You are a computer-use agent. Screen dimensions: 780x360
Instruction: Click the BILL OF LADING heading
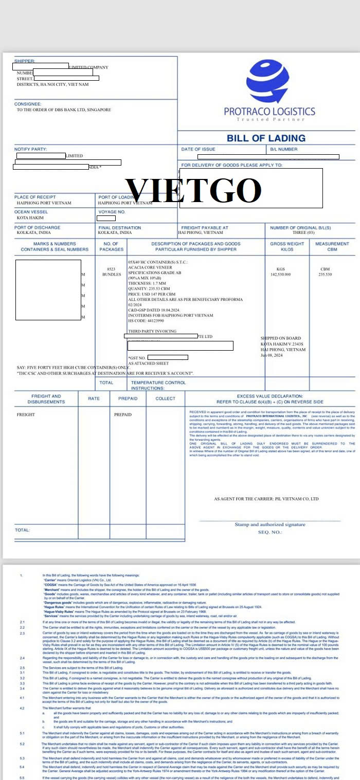[266, 138]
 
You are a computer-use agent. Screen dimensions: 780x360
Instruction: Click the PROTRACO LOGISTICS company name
[269, 111]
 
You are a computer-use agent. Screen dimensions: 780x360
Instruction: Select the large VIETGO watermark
[194, 190]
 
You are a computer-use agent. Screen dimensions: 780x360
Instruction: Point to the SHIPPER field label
[25, 61]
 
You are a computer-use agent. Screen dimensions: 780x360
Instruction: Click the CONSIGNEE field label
[28, 104]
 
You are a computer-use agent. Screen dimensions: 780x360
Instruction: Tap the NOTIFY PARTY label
[30, 149]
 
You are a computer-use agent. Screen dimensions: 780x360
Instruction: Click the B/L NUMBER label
[284, 149]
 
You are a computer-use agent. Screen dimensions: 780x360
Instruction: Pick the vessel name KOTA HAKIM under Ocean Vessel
[30, 217]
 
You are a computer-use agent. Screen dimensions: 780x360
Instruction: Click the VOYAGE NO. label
[112, 211]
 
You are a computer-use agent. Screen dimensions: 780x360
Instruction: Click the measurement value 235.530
[326, 275]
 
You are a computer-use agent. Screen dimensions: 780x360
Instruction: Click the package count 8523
[111, 269]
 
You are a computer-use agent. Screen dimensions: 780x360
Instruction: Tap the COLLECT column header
[165, 398]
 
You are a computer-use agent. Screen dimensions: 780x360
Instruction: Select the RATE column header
[94, 398]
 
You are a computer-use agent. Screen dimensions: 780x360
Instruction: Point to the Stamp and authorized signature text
[270, 524]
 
